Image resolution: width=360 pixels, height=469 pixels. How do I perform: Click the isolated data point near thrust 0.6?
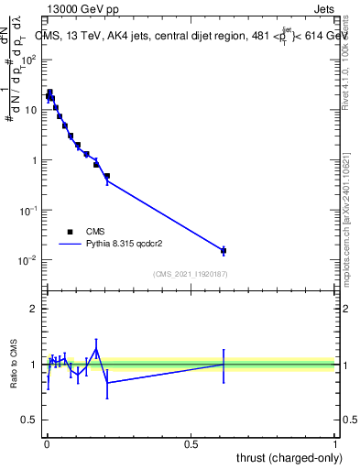point(224,250)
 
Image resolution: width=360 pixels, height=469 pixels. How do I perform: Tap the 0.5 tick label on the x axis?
point(191,443)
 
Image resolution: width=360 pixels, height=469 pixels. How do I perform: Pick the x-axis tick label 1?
point(335,443)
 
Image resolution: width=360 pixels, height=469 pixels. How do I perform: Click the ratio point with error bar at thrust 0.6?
point(224,364)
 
